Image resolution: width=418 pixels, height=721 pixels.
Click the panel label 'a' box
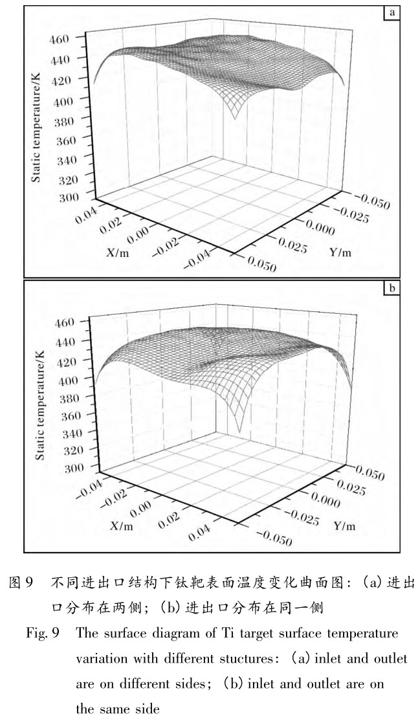coord(391,12)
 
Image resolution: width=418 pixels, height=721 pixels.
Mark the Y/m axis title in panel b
coord(344,526)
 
